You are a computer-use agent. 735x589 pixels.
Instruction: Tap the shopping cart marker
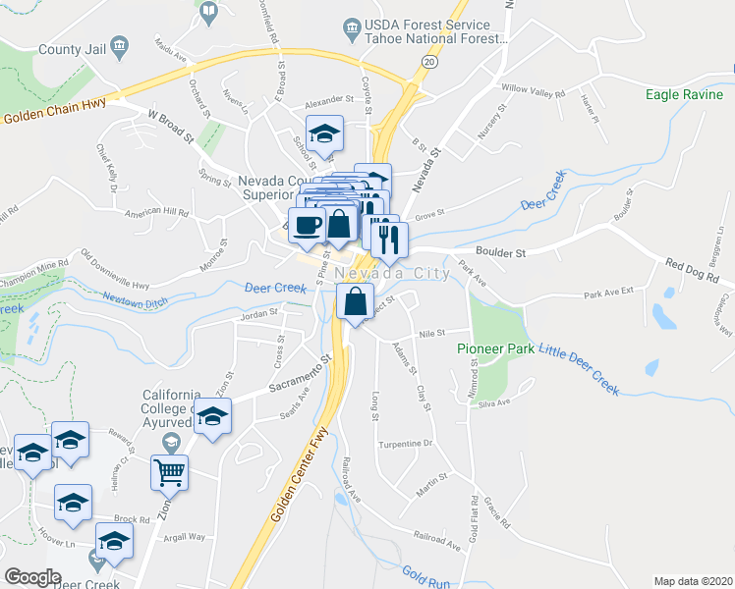click(169, 472)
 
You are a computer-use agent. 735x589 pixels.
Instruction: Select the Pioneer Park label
click(495, 348)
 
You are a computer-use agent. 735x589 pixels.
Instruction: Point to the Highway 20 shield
click(429, 61)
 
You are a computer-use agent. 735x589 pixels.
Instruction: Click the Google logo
click(32, 577)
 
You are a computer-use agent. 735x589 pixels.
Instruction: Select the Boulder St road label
click(501, 252)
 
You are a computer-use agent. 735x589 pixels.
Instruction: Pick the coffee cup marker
click(307, 225)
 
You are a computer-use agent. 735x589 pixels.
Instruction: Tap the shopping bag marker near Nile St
click(355, 300)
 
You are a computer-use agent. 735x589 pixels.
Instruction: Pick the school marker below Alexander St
click(323, 134)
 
